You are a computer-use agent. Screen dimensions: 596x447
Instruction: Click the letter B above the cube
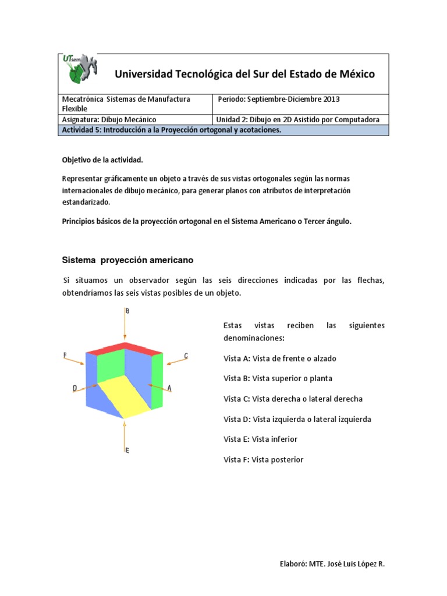click(127, 311)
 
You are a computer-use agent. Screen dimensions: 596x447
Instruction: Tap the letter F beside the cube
click(65, 354)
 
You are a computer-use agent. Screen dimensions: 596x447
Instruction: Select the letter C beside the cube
click(186, 355)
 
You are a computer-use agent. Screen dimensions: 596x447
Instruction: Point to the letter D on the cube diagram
click(75, 387)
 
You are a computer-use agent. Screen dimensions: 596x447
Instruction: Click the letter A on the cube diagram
click(169, 388)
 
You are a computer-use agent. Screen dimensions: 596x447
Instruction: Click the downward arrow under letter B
click(124, 326)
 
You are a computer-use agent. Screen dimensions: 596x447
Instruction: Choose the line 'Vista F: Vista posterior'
click(264, 460)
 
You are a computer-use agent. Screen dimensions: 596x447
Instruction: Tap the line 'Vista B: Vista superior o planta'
click(278, 378)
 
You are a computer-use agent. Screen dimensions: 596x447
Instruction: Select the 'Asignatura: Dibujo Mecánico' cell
click(109, 119)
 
